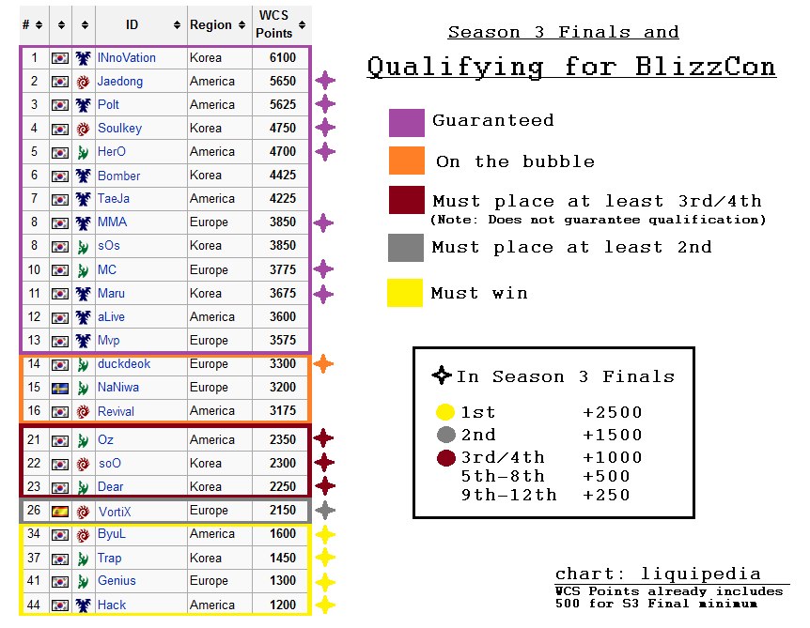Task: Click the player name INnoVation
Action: (x=127, y=58)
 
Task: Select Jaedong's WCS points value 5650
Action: (x=283, y=81)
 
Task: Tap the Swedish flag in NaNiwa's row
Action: (x=60, y=388)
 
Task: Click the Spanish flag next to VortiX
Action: (x=60, y=512)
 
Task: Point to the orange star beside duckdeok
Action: (x=323, y=364)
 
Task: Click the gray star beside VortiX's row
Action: (x=325, y=510)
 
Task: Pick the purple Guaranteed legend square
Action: (x=407, y=123)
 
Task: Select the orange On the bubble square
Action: (x=407, y=161)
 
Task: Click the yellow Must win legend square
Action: (x=405, y=293)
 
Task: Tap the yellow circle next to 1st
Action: (x=445, y=412)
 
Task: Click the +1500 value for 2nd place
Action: (x=612, y=435)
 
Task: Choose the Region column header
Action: (x=210, y=24)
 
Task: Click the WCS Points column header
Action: (x=273, y=24)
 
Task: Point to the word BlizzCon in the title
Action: (x=705, y=67)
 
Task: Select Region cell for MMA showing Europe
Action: (x=209, y=222)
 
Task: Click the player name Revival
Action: (x=116, y=411)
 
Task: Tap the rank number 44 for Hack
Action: (x=34, y=605)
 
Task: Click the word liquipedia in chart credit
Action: (x=700, y=574)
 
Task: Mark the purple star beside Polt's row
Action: (x=325, y=103)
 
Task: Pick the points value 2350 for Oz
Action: (x=283, y=439)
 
